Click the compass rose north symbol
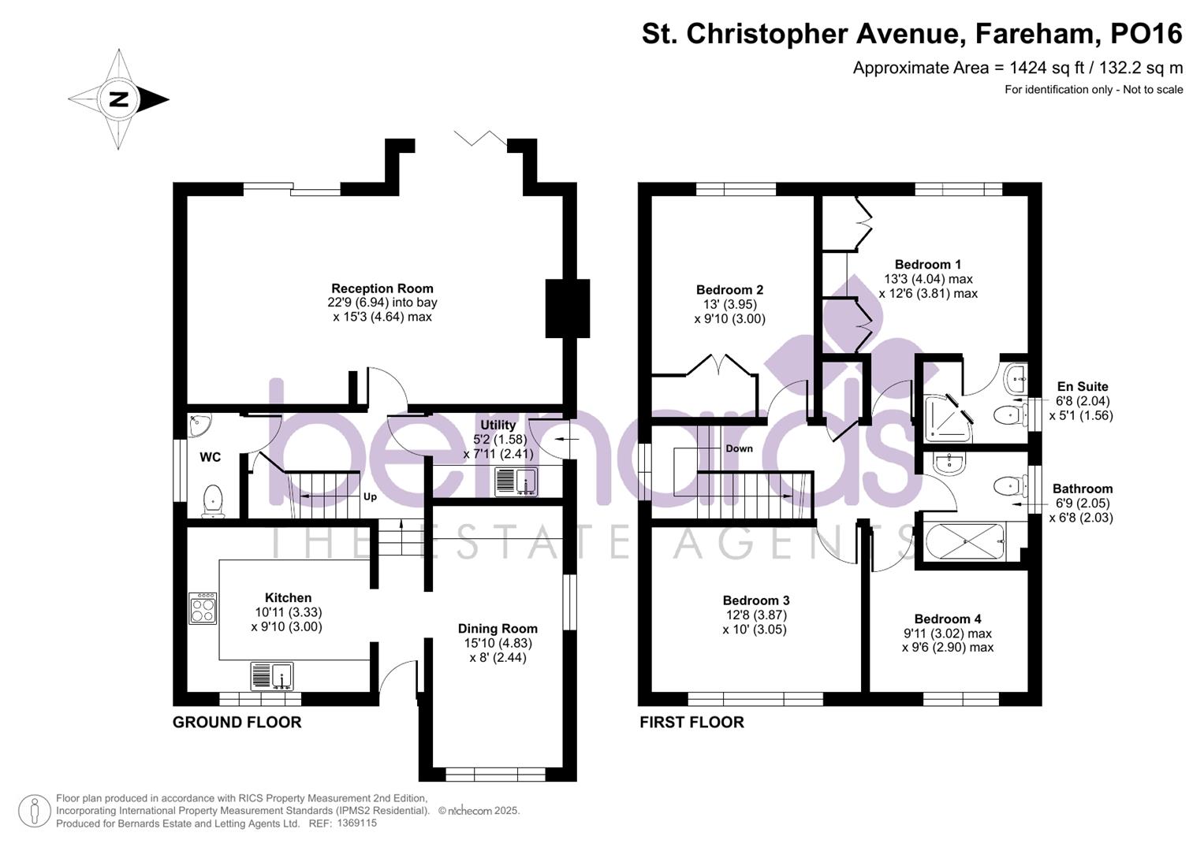(x=119, y=99)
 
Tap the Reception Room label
(x=382, y=288)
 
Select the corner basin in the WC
(x=198, y=425)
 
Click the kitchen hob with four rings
(x=203, y=608)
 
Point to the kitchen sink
(x=271, y=676)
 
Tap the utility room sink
(x=516, y=481)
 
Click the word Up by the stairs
(x=370, y=497)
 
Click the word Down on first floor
(x=739, y=448)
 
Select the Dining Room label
(x=498, y=629)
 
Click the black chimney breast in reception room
(x=568, y=308)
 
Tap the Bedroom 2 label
(x=729, y=290)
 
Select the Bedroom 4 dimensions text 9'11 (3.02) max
(x=947, y=634)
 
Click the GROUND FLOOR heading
(x=237, y=723)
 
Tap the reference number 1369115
(x=356, y=823)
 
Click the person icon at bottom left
(x=35, y=811)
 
